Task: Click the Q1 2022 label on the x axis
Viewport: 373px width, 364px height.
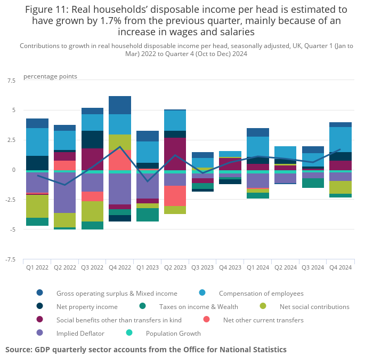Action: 37,267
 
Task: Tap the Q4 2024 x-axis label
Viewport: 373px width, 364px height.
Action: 340,267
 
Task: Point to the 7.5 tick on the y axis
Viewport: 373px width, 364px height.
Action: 11,81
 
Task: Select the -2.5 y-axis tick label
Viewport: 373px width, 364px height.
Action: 10,200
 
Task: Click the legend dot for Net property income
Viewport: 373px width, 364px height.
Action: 40,306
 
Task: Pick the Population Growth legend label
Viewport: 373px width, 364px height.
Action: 173,334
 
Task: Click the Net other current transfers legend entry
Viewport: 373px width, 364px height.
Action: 263,320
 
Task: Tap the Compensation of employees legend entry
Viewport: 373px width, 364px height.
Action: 261,293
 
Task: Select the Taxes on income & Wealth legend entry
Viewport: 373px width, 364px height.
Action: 198,306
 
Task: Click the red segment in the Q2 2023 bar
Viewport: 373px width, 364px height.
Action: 175,195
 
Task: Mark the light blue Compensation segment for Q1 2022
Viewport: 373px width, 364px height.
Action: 37,141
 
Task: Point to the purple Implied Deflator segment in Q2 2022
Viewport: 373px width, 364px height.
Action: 65,193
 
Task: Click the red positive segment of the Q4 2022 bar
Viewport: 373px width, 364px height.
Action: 120,160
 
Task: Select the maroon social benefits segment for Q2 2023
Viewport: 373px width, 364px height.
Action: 175,154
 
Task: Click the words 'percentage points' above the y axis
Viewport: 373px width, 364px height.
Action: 50,76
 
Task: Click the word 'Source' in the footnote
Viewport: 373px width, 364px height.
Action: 19,350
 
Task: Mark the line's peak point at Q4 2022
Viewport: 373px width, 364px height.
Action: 120,147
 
